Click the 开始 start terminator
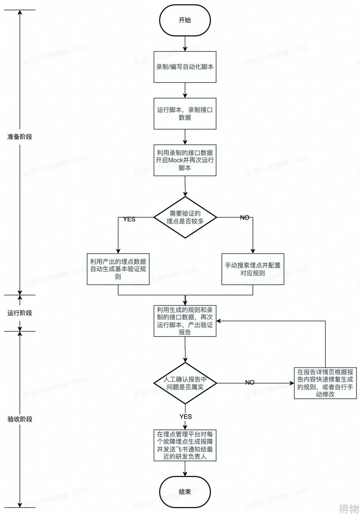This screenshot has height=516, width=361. (x=185, y=20)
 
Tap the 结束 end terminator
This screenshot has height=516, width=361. (x=185, y=492)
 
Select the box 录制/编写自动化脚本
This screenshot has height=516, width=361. (x=185, y=67)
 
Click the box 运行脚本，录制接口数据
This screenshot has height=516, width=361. (x=185, y=113)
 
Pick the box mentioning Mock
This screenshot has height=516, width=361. (x=185, y=160)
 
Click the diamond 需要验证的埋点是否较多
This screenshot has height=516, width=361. (x=185, y=217)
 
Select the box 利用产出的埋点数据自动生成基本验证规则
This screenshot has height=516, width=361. (x=118, y=269)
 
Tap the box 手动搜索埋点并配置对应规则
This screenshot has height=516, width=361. (x=253, y=269)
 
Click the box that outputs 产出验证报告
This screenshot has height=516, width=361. (x=185, y=321)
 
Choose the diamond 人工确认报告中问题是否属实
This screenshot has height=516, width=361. (x=185, y=383)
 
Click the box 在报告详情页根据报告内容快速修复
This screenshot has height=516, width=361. (x=325, y=383)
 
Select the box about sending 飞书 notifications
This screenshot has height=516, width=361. (x=185, y=445)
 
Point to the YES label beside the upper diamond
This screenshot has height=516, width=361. (x=129, y=219)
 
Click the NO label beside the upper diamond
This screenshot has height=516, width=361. (x=245, y=218)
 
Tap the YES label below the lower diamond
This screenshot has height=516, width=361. (x=186, y=416)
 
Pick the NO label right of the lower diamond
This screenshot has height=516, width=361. (x=250, y=382)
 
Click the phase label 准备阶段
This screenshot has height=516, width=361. (x=20, y=137)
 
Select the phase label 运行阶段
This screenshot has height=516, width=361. (x=20, y=313)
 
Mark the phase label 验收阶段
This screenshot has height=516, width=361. (x=20, y=419)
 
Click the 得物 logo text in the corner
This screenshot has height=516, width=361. (x=349, y=509)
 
